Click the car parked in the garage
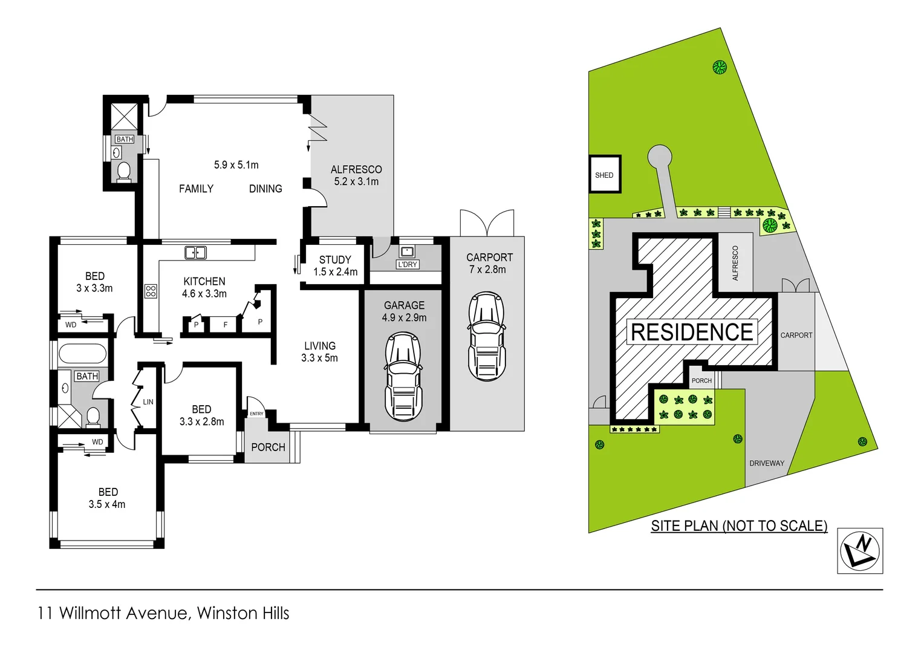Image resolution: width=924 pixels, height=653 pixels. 403,377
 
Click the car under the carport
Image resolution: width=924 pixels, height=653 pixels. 486,336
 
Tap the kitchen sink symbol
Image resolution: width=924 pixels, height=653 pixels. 195,253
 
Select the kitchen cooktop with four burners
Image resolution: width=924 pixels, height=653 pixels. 151,291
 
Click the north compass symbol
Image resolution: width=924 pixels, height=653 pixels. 860,551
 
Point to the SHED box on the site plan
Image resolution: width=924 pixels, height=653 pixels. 605,175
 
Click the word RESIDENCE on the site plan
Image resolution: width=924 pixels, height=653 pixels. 692,333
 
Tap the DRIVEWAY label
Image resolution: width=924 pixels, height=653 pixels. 766,463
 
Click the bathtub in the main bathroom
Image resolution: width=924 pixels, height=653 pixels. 82,354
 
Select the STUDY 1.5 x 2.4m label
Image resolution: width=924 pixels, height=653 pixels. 335,265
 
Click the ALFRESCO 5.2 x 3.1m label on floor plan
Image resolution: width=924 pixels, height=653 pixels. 356,175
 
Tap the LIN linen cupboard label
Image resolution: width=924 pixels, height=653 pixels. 148,401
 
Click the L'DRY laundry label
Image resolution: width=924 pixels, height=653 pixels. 408,264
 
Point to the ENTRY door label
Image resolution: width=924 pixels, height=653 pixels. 256,414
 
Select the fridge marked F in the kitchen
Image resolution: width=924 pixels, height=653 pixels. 226,325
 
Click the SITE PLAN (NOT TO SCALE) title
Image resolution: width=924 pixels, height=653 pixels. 739,526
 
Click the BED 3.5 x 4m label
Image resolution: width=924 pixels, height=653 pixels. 108,498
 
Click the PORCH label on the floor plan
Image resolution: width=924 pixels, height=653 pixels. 268,447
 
